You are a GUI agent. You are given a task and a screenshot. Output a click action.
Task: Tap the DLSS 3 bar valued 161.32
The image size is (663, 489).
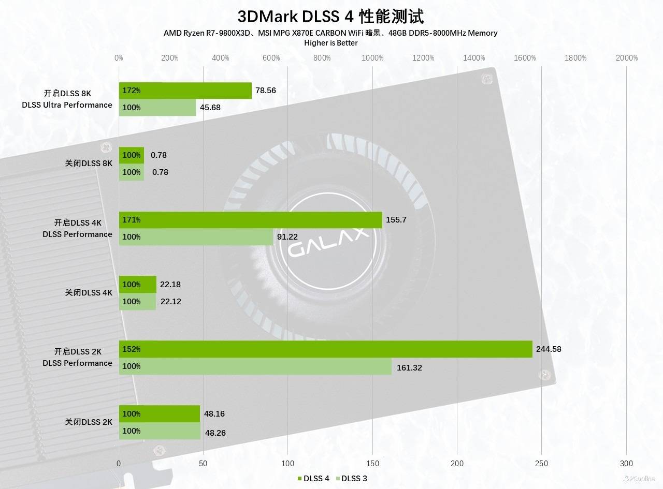(255, 366)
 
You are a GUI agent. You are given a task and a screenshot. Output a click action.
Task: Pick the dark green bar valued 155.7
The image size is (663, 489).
(250, 220)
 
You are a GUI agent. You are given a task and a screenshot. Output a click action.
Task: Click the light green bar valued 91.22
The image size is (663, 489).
(196, 237)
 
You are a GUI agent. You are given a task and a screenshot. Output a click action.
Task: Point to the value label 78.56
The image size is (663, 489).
(266, 91)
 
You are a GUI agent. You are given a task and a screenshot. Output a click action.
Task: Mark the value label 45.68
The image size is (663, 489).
(210, 108)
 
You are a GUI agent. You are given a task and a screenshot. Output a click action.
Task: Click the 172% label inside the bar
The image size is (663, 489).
(132, 91)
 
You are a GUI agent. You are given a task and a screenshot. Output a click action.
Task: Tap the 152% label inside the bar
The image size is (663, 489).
(132, 349)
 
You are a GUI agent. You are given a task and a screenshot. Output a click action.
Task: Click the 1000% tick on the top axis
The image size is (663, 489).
(372, 58)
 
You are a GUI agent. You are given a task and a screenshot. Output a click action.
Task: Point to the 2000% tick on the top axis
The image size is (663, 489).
(627, 58)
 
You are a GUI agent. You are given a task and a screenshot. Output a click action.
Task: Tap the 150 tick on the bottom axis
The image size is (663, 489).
(372, 464)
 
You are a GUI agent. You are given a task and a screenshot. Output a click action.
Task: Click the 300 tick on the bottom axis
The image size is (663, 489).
(626, 464)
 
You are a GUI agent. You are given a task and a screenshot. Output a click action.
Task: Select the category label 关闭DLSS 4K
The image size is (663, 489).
(89, 293)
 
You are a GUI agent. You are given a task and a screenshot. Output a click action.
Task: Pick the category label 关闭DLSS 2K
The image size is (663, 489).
(89, 422)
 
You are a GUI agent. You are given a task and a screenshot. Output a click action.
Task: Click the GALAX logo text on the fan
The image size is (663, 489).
(329, 243)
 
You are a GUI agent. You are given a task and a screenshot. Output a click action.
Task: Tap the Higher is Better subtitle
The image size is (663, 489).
(330, 43)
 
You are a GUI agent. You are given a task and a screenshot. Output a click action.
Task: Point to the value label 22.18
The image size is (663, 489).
(171, 285)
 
